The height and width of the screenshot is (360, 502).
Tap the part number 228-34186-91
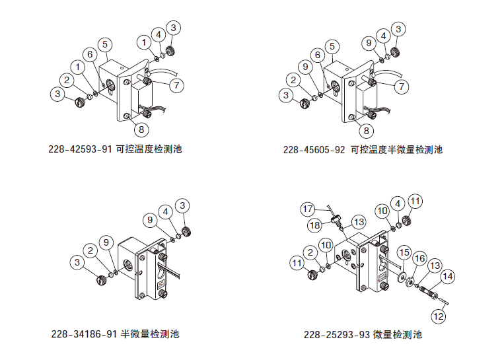pyautogui.click(x=84, y=334)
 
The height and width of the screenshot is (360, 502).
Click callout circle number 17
pyautogui.click(x=308, y=209)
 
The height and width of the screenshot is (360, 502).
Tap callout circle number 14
pyautogui.click(x=447, y=277)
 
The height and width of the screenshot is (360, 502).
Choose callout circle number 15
pyautogui.click(x=404, y=253)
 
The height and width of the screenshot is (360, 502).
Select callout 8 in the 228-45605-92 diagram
pyautogui.click(x=367, y=131)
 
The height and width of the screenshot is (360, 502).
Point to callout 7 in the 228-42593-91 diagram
pyautogui.click(x=176, y=85)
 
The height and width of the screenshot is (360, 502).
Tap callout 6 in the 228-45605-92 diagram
pyautogui.click(x=318, y=55)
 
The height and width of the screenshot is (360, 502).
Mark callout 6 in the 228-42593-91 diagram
pyautogui.click(x=90, y=54)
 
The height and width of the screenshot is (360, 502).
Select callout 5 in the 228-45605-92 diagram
pyautogui.click(x=332, y=46)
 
